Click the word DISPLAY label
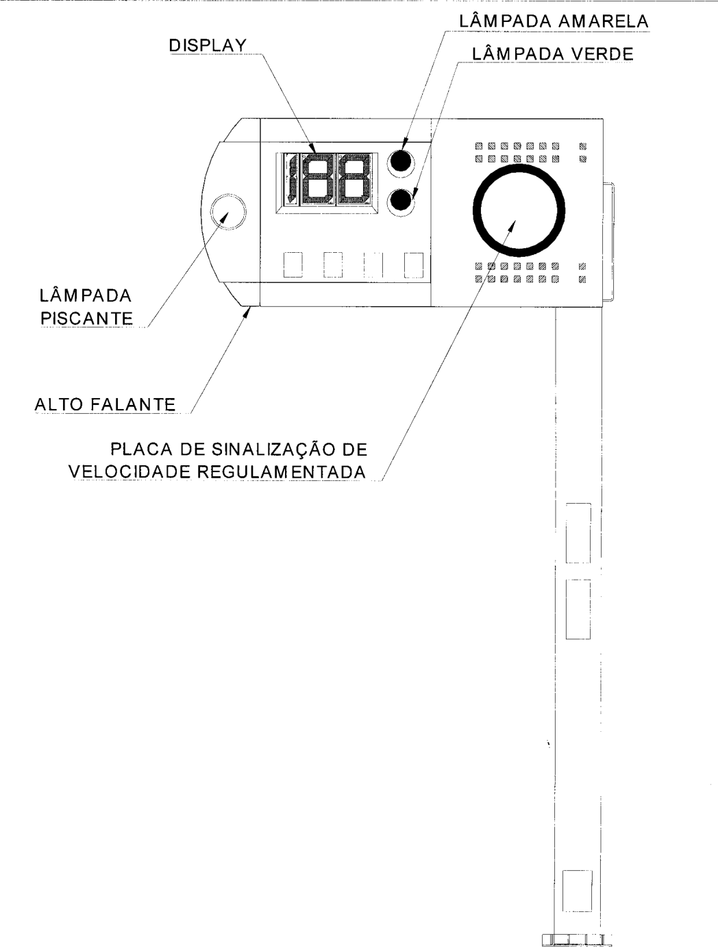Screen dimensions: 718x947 [208, 46]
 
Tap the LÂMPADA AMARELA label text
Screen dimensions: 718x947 [554, 21]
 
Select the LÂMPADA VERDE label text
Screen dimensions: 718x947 [553, 54]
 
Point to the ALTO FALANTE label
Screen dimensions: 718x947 [105, 405]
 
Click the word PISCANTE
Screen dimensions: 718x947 [86, 319]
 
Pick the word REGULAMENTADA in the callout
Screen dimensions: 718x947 [282, 472]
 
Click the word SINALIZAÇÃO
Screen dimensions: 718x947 [273, 449]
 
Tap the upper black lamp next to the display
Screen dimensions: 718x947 [401, 160]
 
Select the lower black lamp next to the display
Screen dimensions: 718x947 [401, 200]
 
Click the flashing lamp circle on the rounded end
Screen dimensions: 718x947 [228, 212]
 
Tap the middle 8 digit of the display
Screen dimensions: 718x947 [317, 179]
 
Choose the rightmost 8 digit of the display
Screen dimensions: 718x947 [354, 179]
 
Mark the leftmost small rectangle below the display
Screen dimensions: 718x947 [293, 265]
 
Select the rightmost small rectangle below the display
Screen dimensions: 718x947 [414, 265]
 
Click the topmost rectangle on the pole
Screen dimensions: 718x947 [578, 533]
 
